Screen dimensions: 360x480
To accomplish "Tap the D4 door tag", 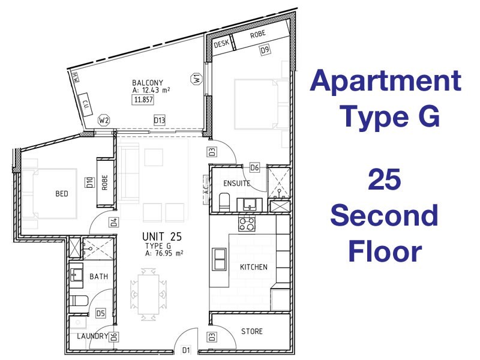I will click(113, 223).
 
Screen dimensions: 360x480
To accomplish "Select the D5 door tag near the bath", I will click(101, 313).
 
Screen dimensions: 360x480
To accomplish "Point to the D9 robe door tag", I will click(265, 51).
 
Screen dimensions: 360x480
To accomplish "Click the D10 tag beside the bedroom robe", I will click(89, 181).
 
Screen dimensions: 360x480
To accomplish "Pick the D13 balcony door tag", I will click(159, 120).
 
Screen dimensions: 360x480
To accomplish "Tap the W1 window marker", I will click(195, 78).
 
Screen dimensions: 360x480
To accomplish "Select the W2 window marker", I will click(104, 120).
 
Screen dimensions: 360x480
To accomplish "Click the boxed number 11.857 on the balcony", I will click(143, 100).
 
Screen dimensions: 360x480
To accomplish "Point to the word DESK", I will click(221, 44).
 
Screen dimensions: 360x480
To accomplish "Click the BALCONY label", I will click(148, 82).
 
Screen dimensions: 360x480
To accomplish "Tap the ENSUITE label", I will click(236, 182).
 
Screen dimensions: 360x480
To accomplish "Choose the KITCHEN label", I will click(254, 267).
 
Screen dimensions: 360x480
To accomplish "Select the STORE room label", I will click(251, 331).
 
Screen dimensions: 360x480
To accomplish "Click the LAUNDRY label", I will click(92, 337).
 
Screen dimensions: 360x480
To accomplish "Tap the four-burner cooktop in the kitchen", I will click(247, 224).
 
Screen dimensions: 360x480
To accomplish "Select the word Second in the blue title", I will click(385, 216).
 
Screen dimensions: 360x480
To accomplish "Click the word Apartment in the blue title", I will click(386, 81).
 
